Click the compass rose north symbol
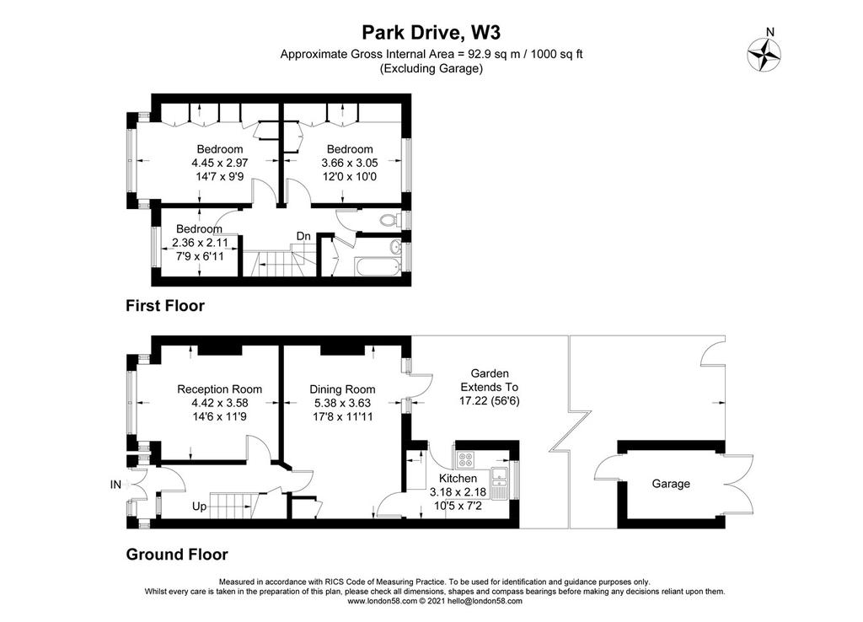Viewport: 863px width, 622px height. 764,55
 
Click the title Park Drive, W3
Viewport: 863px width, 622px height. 431,33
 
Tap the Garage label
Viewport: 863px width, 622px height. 670,484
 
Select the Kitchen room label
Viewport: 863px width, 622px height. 458,479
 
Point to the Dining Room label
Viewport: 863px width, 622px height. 342,389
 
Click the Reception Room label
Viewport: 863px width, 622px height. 220,389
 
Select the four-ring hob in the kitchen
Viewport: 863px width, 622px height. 465,458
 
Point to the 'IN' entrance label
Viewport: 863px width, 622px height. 115,485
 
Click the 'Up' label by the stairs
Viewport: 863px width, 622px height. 199,506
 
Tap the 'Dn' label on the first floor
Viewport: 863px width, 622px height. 303,236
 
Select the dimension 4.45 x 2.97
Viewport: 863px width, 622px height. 220,163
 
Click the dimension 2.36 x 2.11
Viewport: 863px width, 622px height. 200,243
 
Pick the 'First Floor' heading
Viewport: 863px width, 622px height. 165,305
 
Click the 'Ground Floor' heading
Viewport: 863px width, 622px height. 177,555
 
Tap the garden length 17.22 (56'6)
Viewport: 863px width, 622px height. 490,400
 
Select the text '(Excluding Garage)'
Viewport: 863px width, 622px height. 431,68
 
